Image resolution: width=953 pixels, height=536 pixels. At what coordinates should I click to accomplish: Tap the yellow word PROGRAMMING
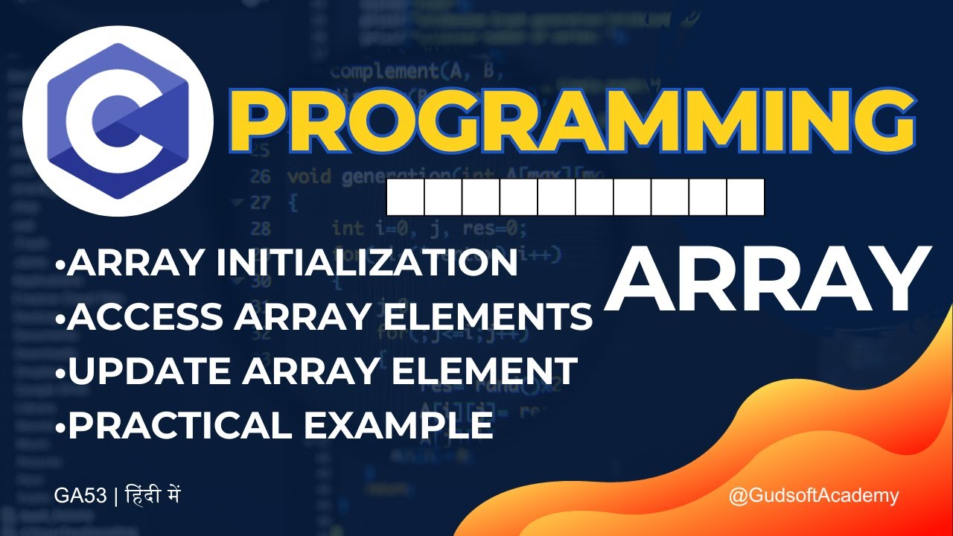[x=574, y=120]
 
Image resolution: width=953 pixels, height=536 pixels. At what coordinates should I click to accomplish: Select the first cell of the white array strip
[x=406, y=197]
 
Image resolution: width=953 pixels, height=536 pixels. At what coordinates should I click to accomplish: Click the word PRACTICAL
[x=180, y=425]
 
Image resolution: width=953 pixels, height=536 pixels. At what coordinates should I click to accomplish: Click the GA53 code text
[x=81, y=496]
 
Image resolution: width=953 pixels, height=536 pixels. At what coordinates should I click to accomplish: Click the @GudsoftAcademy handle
[x=814, y=496]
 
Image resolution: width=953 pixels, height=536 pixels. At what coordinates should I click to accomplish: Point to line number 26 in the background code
[x=261, y=178]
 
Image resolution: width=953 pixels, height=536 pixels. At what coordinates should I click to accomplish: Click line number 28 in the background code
[x=261, y=228]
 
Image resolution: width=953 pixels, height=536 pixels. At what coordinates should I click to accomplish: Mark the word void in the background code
[x=309, y=178]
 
